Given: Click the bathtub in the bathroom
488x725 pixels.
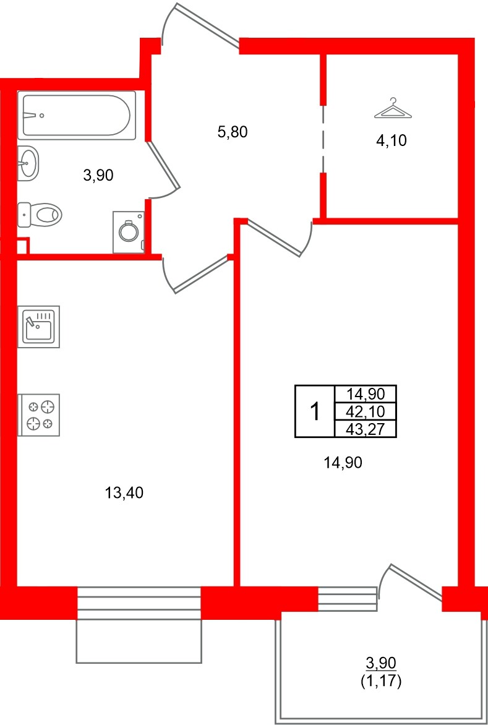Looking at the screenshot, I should coord(76,115).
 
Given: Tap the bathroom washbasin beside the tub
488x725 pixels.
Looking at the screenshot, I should coord(27,164).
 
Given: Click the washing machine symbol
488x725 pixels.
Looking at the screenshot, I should coord(129,232).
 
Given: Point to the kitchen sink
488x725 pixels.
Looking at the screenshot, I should coord(38,326).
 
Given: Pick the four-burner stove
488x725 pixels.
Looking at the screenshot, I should coord(38,415).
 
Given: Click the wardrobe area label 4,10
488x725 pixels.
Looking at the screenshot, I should coord(392,140).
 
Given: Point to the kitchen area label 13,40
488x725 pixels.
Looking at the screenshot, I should coord(125,493).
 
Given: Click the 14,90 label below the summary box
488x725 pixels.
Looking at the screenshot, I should coord(342,462).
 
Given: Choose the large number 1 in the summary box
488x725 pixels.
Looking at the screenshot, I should coord(315,411).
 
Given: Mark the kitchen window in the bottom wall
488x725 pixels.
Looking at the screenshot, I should coord(139,602).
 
